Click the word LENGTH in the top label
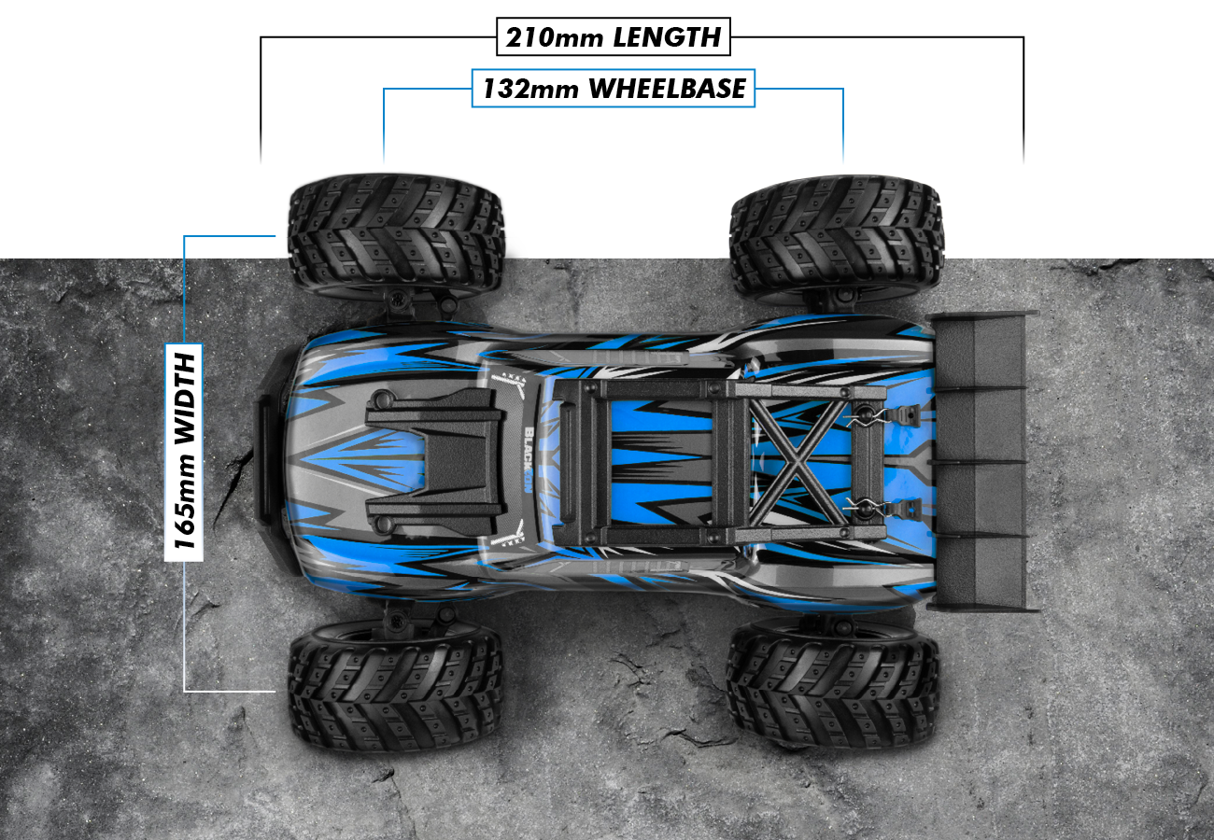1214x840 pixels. click(667, 37)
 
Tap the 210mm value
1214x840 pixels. click(555, 37)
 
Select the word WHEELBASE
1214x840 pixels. click(668, 89)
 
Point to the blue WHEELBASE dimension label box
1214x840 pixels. click(613, 89)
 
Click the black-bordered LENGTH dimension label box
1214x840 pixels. click(613, 37)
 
